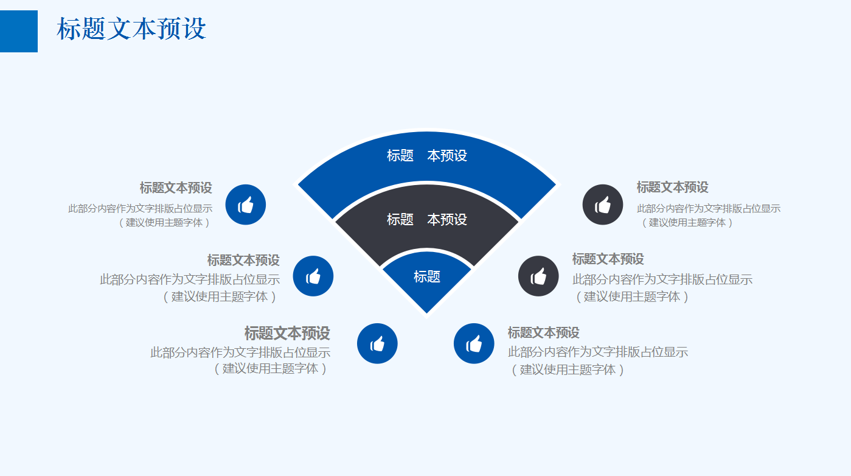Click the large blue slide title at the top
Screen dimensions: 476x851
click(131, 29)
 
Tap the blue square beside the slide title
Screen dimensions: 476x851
click(18, 31)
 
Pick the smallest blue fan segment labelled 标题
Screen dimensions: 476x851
click(426, 277)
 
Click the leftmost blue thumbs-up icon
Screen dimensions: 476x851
click(246, 205)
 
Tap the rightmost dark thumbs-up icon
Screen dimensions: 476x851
click(603, 205)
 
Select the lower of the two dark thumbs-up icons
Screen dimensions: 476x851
click(538, 276)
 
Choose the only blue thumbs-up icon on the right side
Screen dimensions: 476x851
click(474, 344)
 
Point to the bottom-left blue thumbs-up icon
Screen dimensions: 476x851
click(377, 344)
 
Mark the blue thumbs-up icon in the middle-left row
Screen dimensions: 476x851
click(313, 276)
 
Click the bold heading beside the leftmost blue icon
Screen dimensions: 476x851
click(176, 187)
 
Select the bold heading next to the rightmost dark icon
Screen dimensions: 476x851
click(672, 187)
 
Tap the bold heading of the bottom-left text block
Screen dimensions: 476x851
click(287, 333)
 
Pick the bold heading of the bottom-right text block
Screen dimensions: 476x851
click(543, 333)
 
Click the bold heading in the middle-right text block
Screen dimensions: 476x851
click(608, 259)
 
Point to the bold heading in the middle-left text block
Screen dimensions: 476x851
click(243, 261)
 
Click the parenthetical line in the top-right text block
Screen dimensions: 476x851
click(687, 223)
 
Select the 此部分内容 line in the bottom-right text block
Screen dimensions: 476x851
click(598, 352)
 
